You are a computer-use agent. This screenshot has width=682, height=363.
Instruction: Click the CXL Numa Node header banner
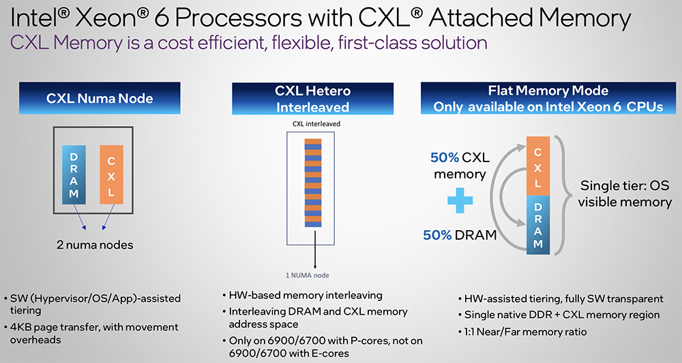coord(100,98)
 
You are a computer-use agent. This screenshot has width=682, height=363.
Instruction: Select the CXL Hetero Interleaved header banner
coord(313,99)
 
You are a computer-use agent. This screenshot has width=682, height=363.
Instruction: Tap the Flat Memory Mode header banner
coord(548,99)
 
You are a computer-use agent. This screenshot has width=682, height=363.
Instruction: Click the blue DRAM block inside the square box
coord(74,175)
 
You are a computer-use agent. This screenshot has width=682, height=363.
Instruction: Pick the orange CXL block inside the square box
coord(111,175)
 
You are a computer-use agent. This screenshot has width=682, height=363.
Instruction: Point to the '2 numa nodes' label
coord(95,245)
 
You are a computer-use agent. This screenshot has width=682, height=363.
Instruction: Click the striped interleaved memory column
coord(313,183)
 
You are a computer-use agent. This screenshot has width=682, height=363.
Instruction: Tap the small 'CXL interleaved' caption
coord(316,124)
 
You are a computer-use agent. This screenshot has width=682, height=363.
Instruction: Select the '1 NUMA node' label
coord(308,275)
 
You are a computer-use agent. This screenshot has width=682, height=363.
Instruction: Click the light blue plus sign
coord(460,200)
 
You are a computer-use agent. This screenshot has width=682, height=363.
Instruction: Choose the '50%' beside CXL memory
coord(445,157)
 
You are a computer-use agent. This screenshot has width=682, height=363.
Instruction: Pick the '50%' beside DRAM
coord(437,235)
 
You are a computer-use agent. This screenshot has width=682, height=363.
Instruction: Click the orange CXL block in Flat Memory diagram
coord(538,166)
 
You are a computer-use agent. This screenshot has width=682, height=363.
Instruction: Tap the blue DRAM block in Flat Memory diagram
coord(538,225)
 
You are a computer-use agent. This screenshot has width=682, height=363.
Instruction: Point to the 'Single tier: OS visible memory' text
coord(625,193)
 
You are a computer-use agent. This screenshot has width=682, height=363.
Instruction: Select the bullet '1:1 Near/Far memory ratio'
coord(522,332)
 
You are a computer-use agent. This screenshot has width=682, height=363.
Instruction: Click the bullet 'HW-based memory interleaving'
coord(302,296)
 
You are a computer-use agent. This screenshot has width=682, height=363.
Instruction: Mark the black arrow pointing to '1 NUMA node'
coord(314,250)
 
